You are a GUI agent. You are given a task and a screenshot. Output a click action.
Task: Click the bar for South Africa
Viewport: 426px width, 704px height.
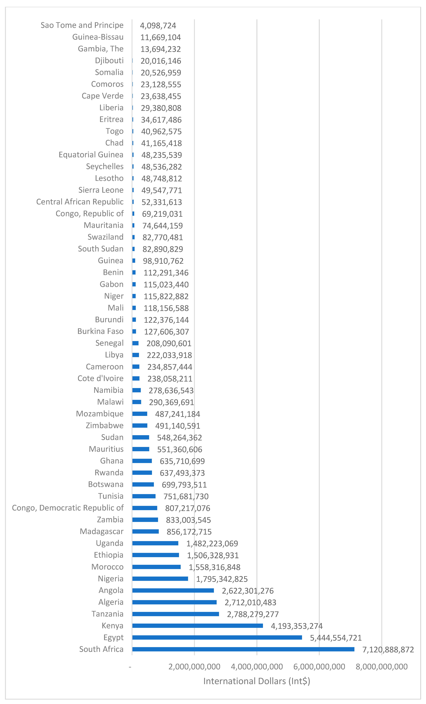pyautogui.click(x=243, y=649)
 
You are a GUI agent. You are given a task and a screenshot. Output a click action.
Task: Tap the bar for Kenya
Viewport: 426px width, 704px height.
pyautogui.click(x=197, y=626)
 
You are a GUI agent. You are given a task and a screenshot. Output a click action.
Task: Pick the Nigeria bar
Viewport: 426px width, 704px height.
pyautogui.click(x=160, y=579)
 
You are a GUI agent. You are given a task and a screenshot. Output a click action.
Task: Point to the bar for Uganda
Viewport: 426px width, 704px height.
pyautogui.click(x=155, y=543)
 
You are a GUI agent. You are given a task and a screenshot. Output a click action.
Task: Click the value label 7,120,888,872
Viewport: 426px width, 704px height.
pyautogui.click(x=388, y=650)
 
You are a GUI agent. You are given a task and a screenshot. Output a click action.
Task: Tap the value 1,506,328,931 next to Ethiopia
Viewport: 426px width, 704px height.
pyautogui.click(x=213, y=555)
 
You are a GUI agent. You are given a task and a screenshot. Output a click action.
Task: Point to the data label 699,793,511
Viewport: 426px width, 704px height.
pyautogui.click(x=184, y=485)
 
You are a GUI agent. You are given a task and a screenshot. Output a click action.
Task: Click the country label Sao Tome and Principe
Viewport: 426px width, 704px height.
pyautogui.click(x=82, y=25)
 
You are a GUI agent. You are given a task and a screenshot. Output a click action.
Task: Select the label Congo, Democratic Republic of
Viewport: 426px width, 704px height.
pyautogui.click(x=68, y=508)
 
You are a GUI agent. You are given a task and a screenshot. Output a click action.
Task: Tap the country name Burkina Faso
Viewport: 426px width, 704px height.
pyautogui.click(x=100, y=331)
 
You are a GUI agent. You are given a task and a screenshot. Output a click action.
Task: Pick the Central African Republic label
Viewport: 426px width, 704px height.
pyautogui.click(x=80, y=202)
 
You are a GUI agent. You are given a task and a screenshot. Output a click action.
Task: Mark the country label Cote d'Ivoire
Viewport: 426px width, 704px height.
pyautogui.click(x=100, y=378)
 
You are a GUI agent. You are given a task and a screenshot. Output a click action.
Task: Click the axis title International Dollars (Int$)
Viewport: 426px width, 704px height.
pyautogui.click(x=256, y=681)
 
